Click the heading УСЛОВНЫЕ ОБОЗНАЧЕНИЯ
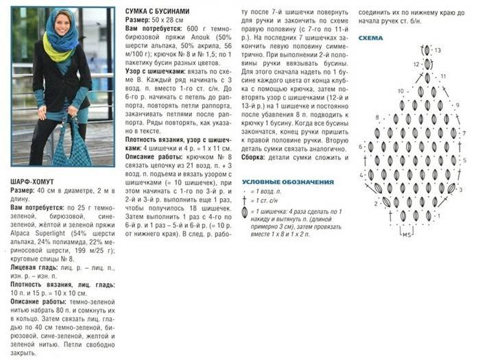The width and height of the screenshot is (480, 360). coord(288,182)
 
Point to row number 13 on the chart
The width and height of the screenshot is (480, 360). coord(437,51)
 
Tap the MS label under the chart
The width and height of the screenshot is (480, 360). coord(407,235)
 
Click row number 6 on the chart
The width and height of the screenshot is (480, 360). coord(361,147)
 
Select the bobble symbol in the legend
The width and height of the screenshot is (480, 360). coord(245,213)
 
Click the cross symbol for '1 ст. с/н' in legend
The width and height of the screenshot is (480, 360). coord(245,200)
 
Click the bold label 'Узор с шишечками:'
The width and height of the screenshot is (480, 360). coord(154,71)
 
